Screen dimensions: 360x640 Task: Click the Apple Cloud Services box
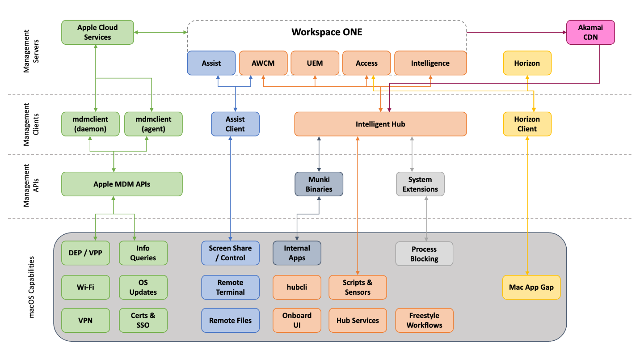pos(97,32)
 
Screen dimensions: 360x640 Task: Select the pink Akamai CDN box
pos(590,32)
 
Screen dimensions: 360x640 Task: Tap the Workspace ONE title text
pos(327,32)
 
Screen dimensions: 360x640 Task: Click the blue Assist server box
pos(211,63)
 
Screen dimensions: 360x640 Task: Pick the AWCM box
pos(263,63)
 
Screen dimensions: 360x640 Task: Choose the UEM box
pos(315,63)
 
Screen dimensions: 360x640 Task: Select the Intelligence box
pos(430,63)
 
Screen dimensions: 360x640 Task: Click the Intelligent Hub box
pos(380,124)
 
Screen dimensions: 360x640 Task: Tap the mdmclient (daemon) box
pos(91,124)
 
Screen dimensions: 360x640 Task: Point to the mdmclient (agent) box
pos(153,124)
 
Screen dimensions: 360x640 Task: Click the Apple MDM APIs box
pos(122,184)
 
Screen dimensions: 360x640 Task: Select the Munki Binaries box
pos(319,184)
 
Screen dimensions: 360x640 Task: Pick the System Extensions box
pos(420,184)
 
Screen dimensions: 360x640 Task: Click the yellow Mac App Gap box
pos(531,287)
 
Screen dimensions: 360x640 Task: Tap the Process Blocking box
pos(424,254)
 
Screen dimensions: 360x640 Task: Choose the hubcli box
pos(297,287)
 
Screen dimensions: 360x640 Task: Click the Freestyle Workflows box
pos(424,320)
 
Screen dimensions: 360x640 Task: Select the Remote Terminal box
pos(230,287)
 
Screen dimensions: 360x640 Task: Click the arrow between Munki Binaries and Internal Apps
pos(319,219)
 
